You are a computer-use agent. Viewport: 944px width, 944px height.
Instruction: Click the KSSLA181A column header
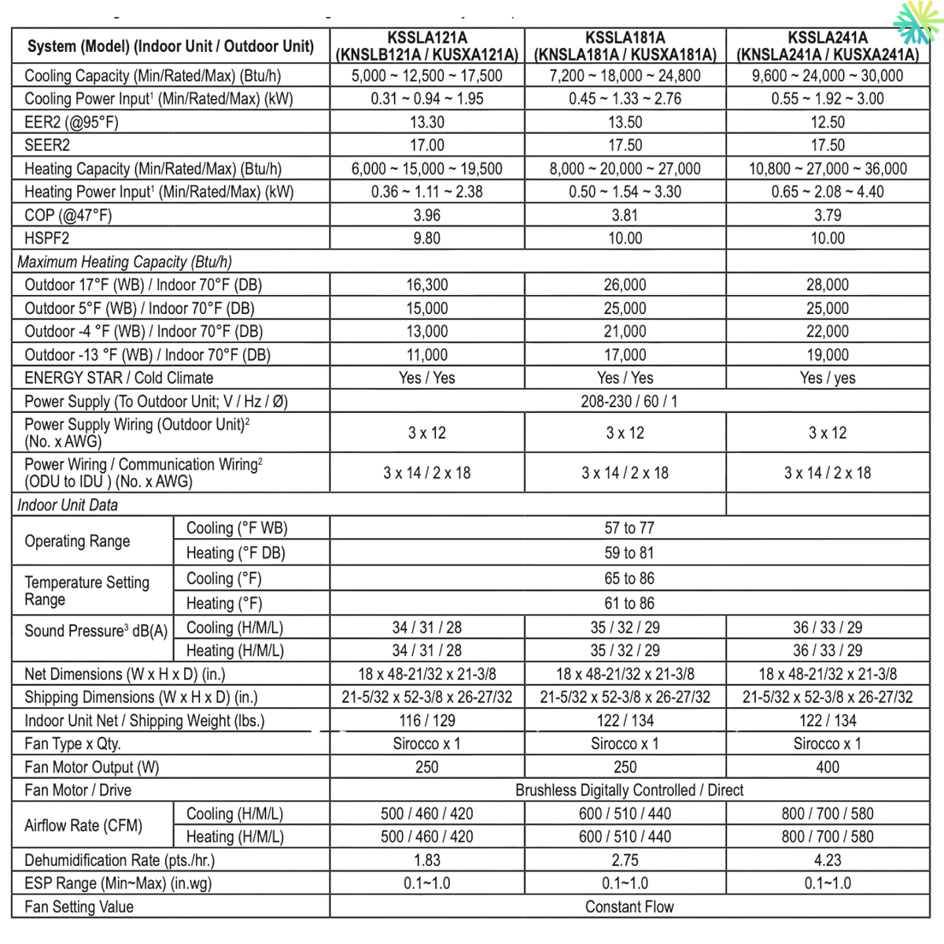[625, 46]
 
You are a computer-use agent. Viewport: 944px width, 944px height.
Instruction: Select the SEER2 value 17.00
[427, 146]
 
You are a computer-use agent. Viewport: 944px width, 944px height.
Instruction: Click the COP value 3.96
[427, 216]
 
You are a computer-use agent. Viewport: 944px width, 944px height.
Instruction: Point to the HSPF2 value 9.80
[427, 238]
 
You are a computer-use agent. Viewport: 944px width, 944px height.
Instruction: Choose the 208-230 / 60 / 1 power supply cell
[629, 401]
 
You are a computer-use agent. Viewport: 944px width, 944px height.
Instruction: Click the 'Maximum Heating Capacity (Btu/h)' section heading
[124, 262]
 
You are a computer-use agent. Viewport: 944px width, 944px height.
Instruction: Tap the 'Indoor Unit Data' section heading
[68, 505]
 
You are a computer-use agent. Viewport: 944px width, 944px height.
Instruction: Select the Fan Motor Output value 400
[828, 767]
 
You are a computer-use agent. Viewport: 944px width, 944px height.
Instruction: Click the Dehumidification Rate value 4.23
[828, 860]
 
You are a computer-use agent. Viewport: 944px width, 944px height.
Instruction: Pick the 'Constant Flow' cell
[629, 907]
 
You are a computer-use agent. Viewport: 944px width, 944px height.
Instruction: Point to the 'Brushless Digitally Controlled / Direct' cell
[629, 790]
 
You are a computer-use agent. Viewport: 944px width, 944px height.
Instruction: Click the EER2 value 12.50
[828, 123]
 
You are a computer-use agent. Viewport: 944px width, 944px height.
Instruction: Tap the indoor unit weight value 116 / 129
[427, 721]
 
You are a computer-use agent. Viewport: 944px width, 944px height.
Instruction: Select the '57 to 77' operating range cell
[629, 529]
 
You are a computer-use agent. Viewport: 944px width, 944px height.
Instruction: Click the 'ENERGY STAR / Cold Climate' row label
[119, 378]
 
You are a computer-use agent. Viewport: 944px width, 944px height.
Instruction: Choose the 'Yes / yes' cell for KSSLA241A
[828, 378]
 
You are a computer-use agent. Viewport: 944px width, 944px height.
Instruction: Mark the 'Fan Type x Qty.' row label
[72, 743]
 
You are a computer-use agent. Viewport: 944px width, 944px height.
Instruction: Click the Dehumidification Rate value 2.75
[625, 860]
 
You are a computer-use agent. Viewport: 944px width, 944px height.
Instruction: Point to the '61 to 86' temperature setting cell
[629, 603]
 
